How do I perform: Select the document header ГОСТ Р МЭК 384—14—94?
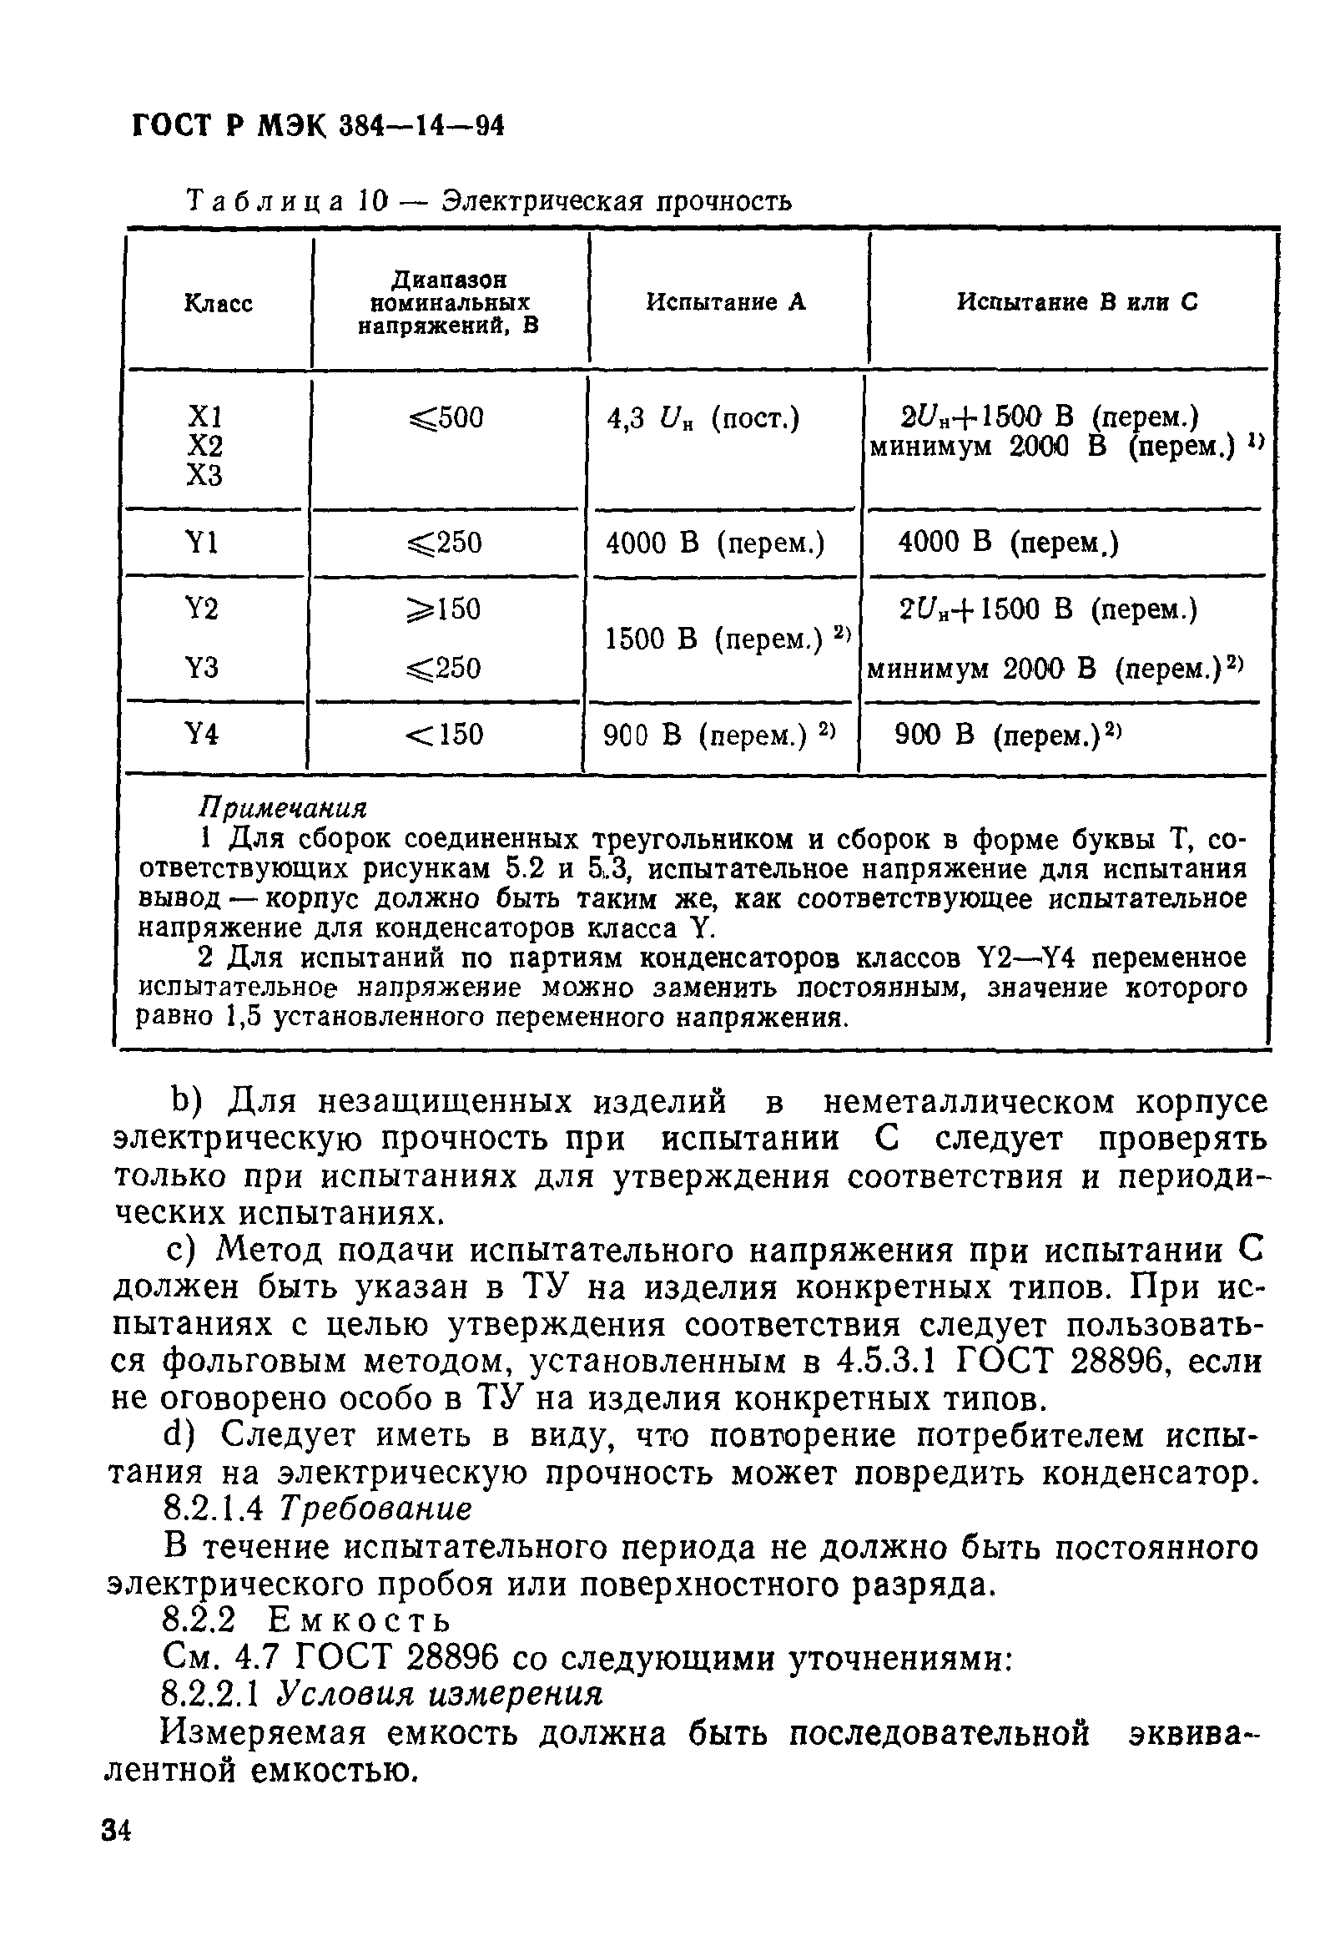tap(319, 125)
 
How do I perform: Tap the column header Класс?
tap(218, 303)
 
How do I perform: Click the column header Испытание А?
tap(726, 301)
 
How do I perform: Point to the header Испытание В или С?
tap(1076, 301)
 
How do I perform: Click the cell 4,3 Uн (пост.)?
tap(703, 417)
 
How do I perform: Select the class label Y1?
tap(202, 544)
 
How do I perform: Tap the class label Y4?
tap(202, 735)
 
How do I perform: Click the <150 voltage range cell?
tap(445, 735)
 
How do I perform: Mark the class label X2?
tap(204, 446)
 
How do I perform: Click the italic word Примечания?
tap(283, 807)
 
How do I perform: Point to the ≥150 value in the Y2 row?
tap(444, 609)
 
